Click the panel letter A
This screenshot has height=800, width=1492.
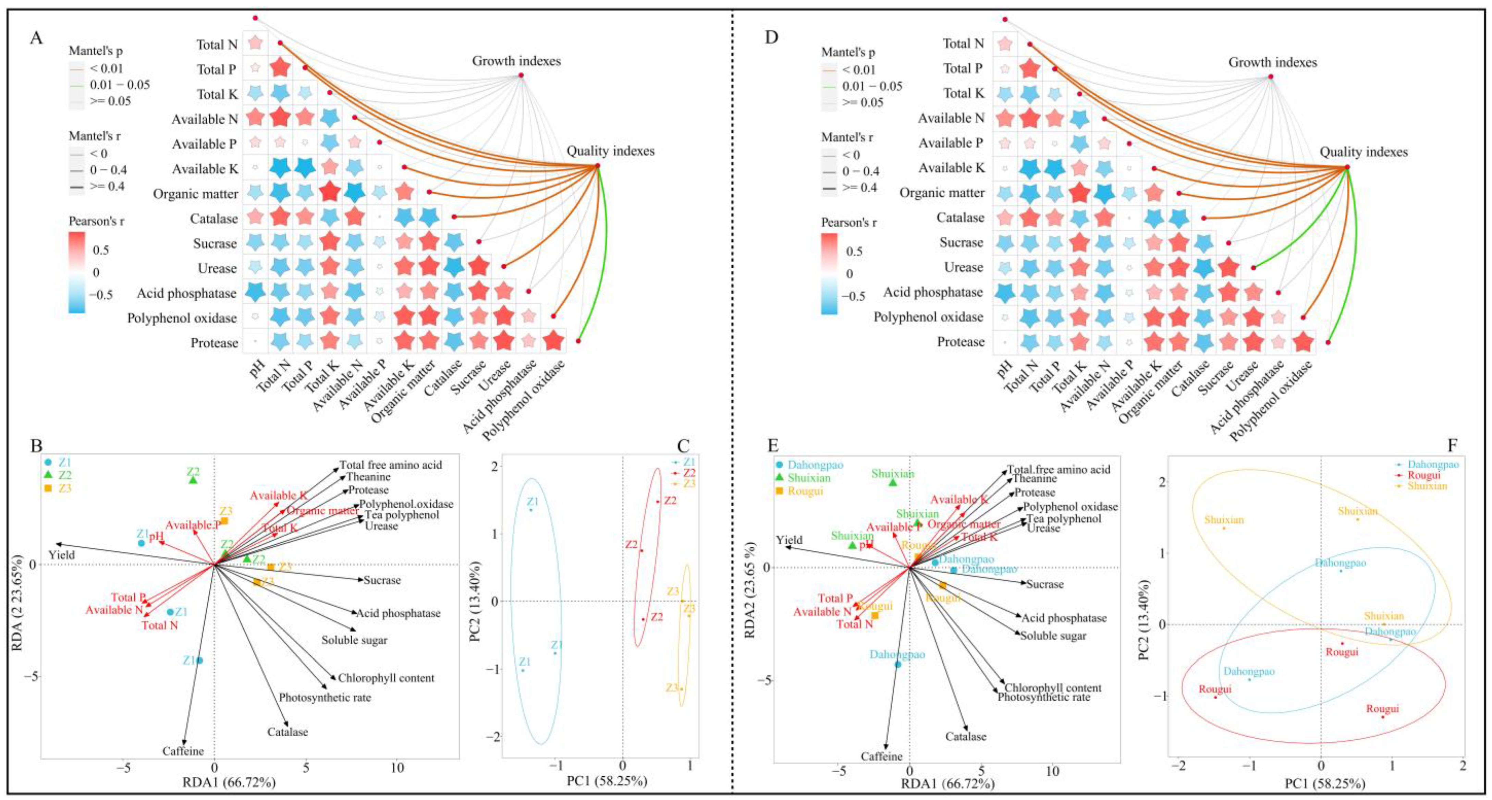[x=36, y=39]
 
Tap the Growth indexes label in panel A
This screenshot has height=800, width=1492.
[x=516, y=61]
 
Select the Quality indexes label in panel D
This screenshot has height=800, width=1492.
[x=1363, y=152]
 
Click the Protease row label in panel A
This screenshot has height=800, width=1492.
[x=214, y=343]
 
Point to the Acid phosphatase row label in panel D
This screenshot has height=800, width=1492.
[x=932, y=292]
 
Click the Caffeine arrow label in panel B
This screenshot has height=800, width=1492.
[x=183, y=751]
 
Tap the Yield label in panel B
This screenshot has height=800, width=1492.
[x=61, y=555]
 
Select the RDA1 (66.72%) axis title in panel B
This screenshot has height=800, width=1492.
[x=229, y=783]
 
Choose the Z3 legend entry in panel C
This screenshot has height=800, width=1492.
[x=689, y=483]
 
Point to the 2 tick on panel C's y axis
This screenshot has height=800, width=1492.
[x=494, y=466]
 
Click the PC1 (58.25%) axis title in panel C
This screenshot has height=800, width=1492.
[x=607, y=780]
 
